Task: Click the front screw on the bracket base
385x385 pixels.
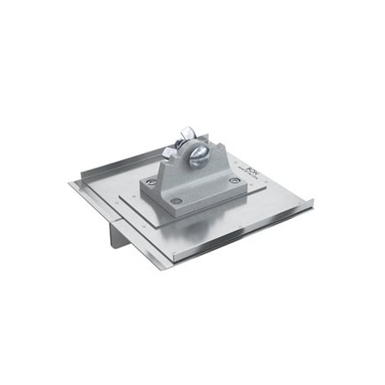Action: point(177,202)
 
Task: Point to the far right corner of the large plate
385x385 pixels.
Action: point(313,202)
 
